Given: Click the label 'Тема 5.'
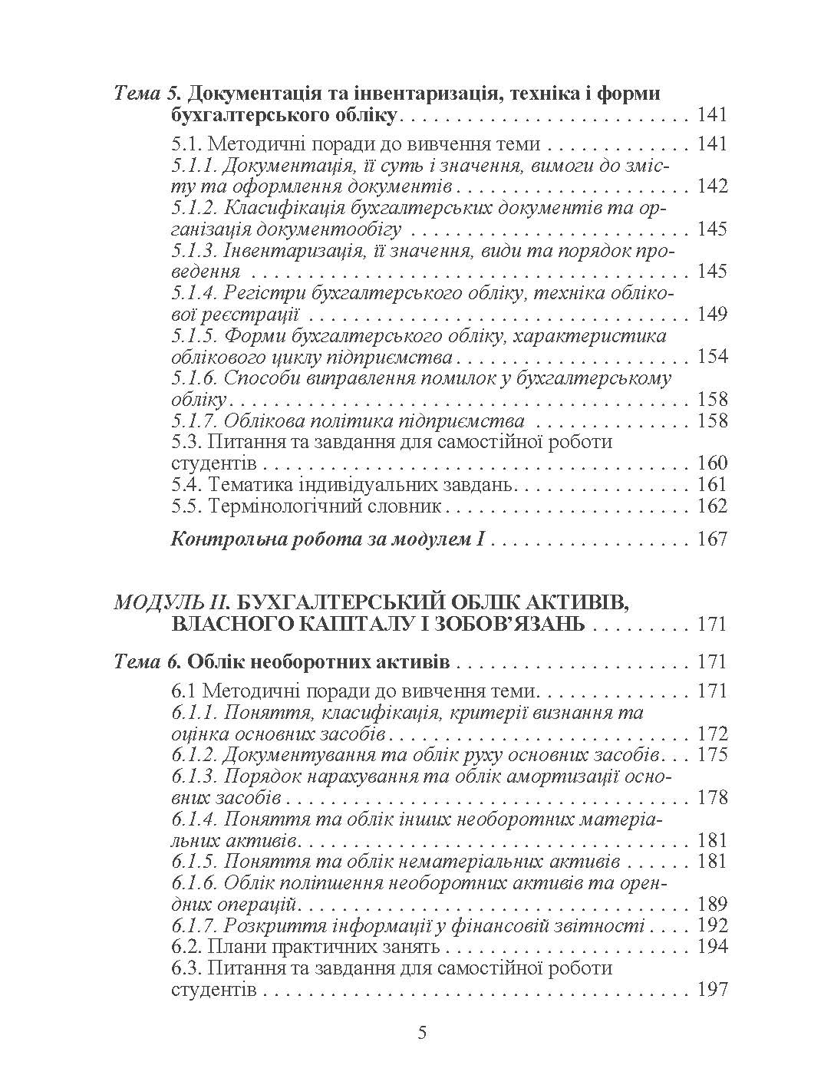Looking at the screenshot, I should point(147,94).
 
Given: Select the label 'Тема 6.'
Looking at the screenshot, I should point(147,661).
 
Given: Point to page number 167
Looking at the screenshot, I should point(711,539).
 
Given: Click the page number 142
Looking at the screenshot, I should point(711,186).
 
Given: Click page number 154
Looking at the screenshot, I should point(711,357).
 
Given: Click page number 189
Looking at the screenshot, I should point(711,904).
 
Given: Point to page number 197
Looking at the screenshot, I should point(711,989).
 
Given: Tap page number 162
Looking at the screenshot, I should point(711,506).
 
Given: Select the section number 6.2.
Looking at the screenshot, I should point(186,946).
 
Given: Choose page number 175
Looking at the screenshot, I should point(711,754).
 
